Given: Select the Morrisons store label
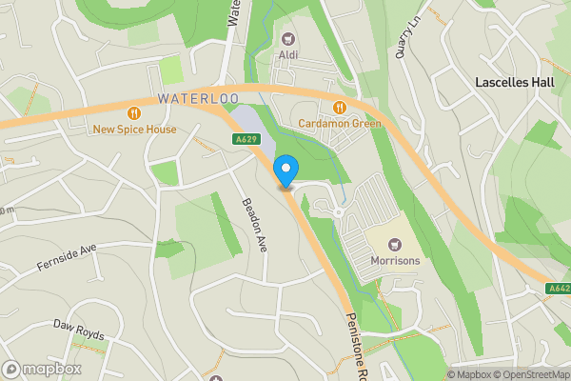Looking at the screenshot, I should [396, 261].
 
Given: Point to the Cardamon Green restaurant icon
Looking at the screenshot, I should [340, 108].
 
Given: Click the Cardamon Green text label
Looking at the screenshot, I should [340, 124].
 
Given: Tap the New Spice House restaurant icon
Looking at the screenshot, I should [133, 112].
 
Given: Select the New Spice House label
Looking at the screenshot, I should [134, 129].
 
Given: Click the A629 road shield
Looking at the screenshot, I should [245, 139].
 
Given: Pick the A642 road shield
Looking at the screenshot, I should [559, 288].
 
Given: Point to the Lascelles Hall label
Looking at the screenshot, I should [515, 83].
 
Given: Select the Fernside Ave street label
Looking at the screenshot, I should [68, 256].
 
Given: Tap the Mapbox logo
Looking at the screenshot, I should [43, 369].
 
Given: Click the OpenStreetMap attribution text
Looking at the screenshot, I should [532, 374].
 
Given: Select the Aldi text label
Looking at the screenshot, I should [287, 54].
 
